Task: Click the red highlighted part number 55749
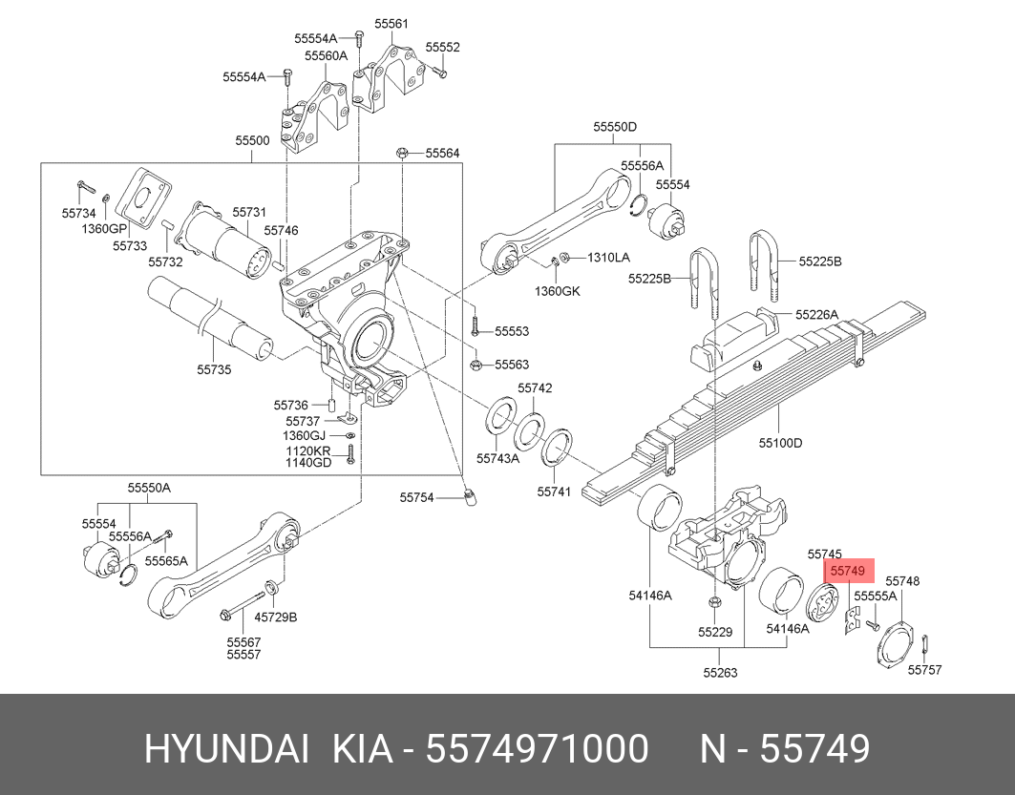(x=848, y=571)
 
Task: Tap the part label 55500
(x=252, y=140)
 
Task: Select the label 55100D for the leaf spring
(x=780, y=443)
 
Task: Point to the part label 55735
(x=214, y=368)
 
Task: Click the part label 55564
(x=442, y=153)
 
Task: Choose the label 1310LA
(x=608, y=258)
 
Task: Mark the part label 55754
(x=416, y=496)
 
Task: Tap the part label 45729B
(x=275, y=617)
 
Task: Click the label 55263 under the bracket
(x=720, y=672)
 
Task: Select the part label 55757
(x=924, y=670)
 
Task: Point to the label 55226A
(x=818, y=314)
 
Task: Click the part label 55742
(x=535, y=388)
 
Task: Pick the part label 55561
(x=391, y=24)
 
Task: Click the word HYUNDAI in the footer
(x=226, y=749)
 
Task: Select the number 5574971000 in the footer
(x=537, y=749)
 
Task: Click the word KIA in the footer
(x=362, y=749)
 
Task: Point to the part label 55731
(x=248, y=212)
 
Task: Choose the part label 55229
(x=714, y=632)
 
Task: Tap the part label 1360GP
(x=104, y=229)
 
